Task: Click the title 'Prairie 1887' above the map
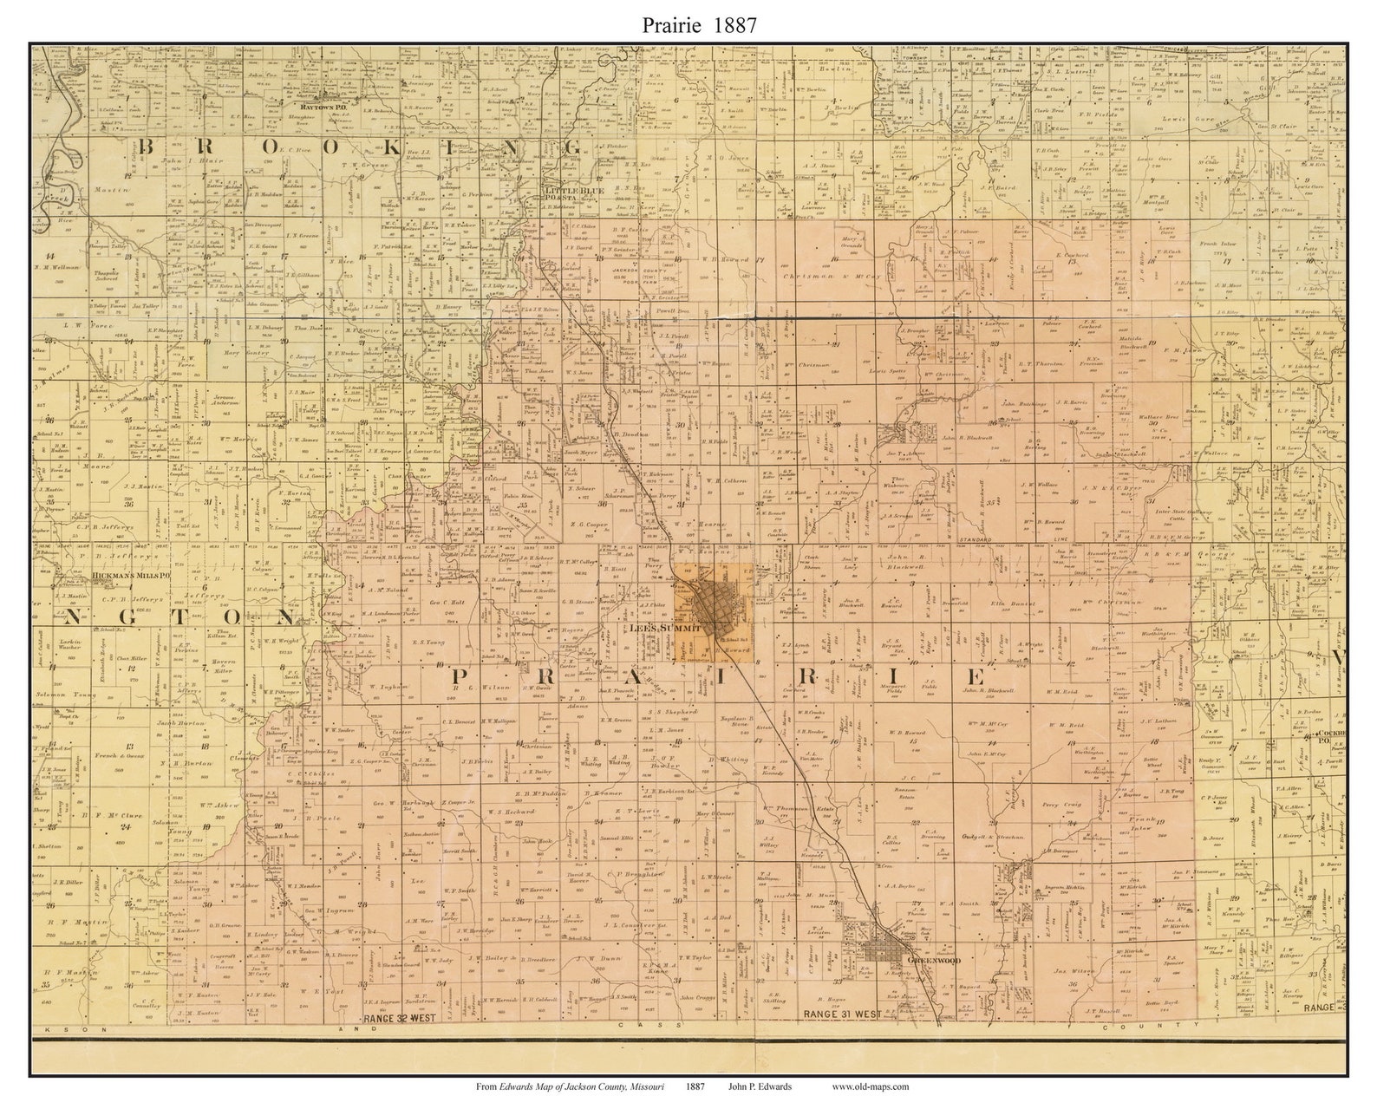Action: pos(688,25)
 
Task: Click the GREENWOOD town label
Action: pos(926,962)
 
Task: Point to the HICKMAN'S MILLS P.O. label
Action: pos(128,575)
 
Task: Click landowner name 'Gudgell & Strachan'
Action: pos(994,838)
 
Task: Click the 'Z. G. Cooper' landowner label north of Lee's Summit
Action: pos(587,524)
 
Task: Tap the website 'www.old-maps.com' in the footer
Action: pos(870,1086)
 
